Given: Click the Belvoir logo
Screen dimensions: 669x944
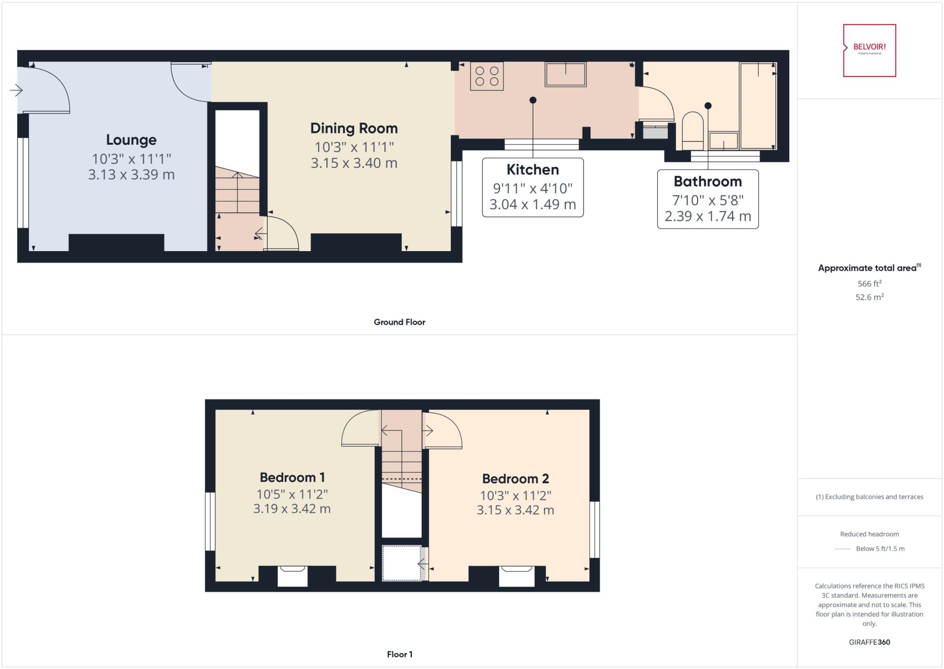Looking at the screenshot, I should [869, 50].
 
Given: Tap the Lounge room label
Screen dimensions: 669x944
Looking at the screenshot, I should [131, 140].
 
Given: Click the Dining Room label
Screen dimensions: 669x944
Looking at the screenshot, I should [354, 129].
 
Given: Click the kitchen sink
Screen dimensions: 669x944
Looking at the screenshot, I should [566, 75].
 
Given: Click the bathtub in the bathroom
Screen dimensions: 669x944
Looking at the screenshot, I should [758, 106].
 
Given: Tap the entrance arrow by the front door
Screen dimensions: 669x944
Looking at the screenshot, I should [16, 90].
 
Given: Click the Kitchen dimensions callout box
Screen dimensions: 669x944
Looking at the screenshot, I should [533, 188].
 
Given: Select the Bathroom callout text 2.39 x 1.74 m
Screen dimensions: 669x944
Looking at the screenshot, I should [708, 216].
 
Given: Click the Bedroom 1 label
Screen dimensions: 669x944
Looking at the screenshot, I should [292, 477].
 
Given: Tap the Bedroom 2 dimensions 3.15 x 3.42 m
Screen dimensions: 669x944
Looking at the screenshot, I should [515, 511].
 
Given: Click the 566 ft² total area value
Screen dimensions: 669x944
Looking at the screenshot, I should [869, 284].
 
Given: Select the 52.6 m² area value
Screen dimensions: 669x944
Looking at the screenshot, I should [869, 297].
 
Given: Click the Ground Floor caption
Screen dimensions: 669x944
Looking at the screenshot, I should [399, 322].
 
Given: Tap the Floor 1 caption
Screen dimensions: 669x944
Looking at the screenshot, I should [399, 654].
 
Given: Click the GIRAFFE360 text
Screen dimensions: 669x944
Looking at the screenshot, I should [869, 642].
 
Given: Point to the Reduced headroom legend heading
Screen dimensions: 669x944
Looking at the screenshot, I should [869, 534].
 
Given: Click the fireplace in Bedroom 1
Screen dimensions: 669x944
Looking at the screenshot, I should [293, 576].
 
